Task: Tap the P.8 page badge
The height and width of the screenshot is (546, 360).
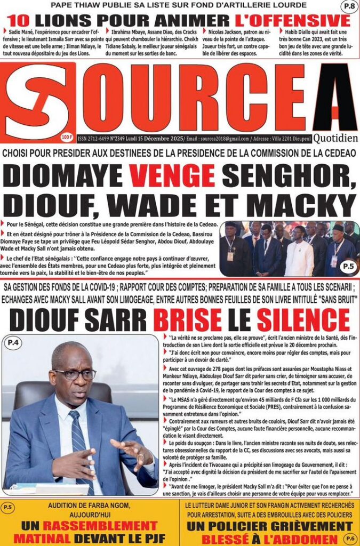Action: [349, 6]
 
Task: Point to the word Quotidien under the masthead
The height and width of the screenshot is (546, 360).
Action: [335, 139]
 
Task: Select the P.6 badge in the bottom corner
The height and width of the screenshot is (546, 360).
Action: [349, 537]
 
